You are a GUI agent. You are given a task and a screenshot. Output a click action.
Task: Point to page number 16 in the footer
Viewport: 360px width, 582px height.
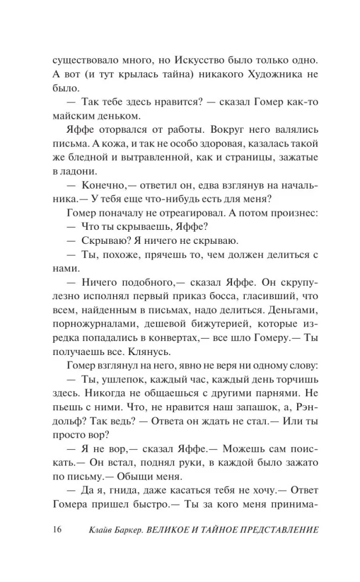(x=56, y=530)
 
